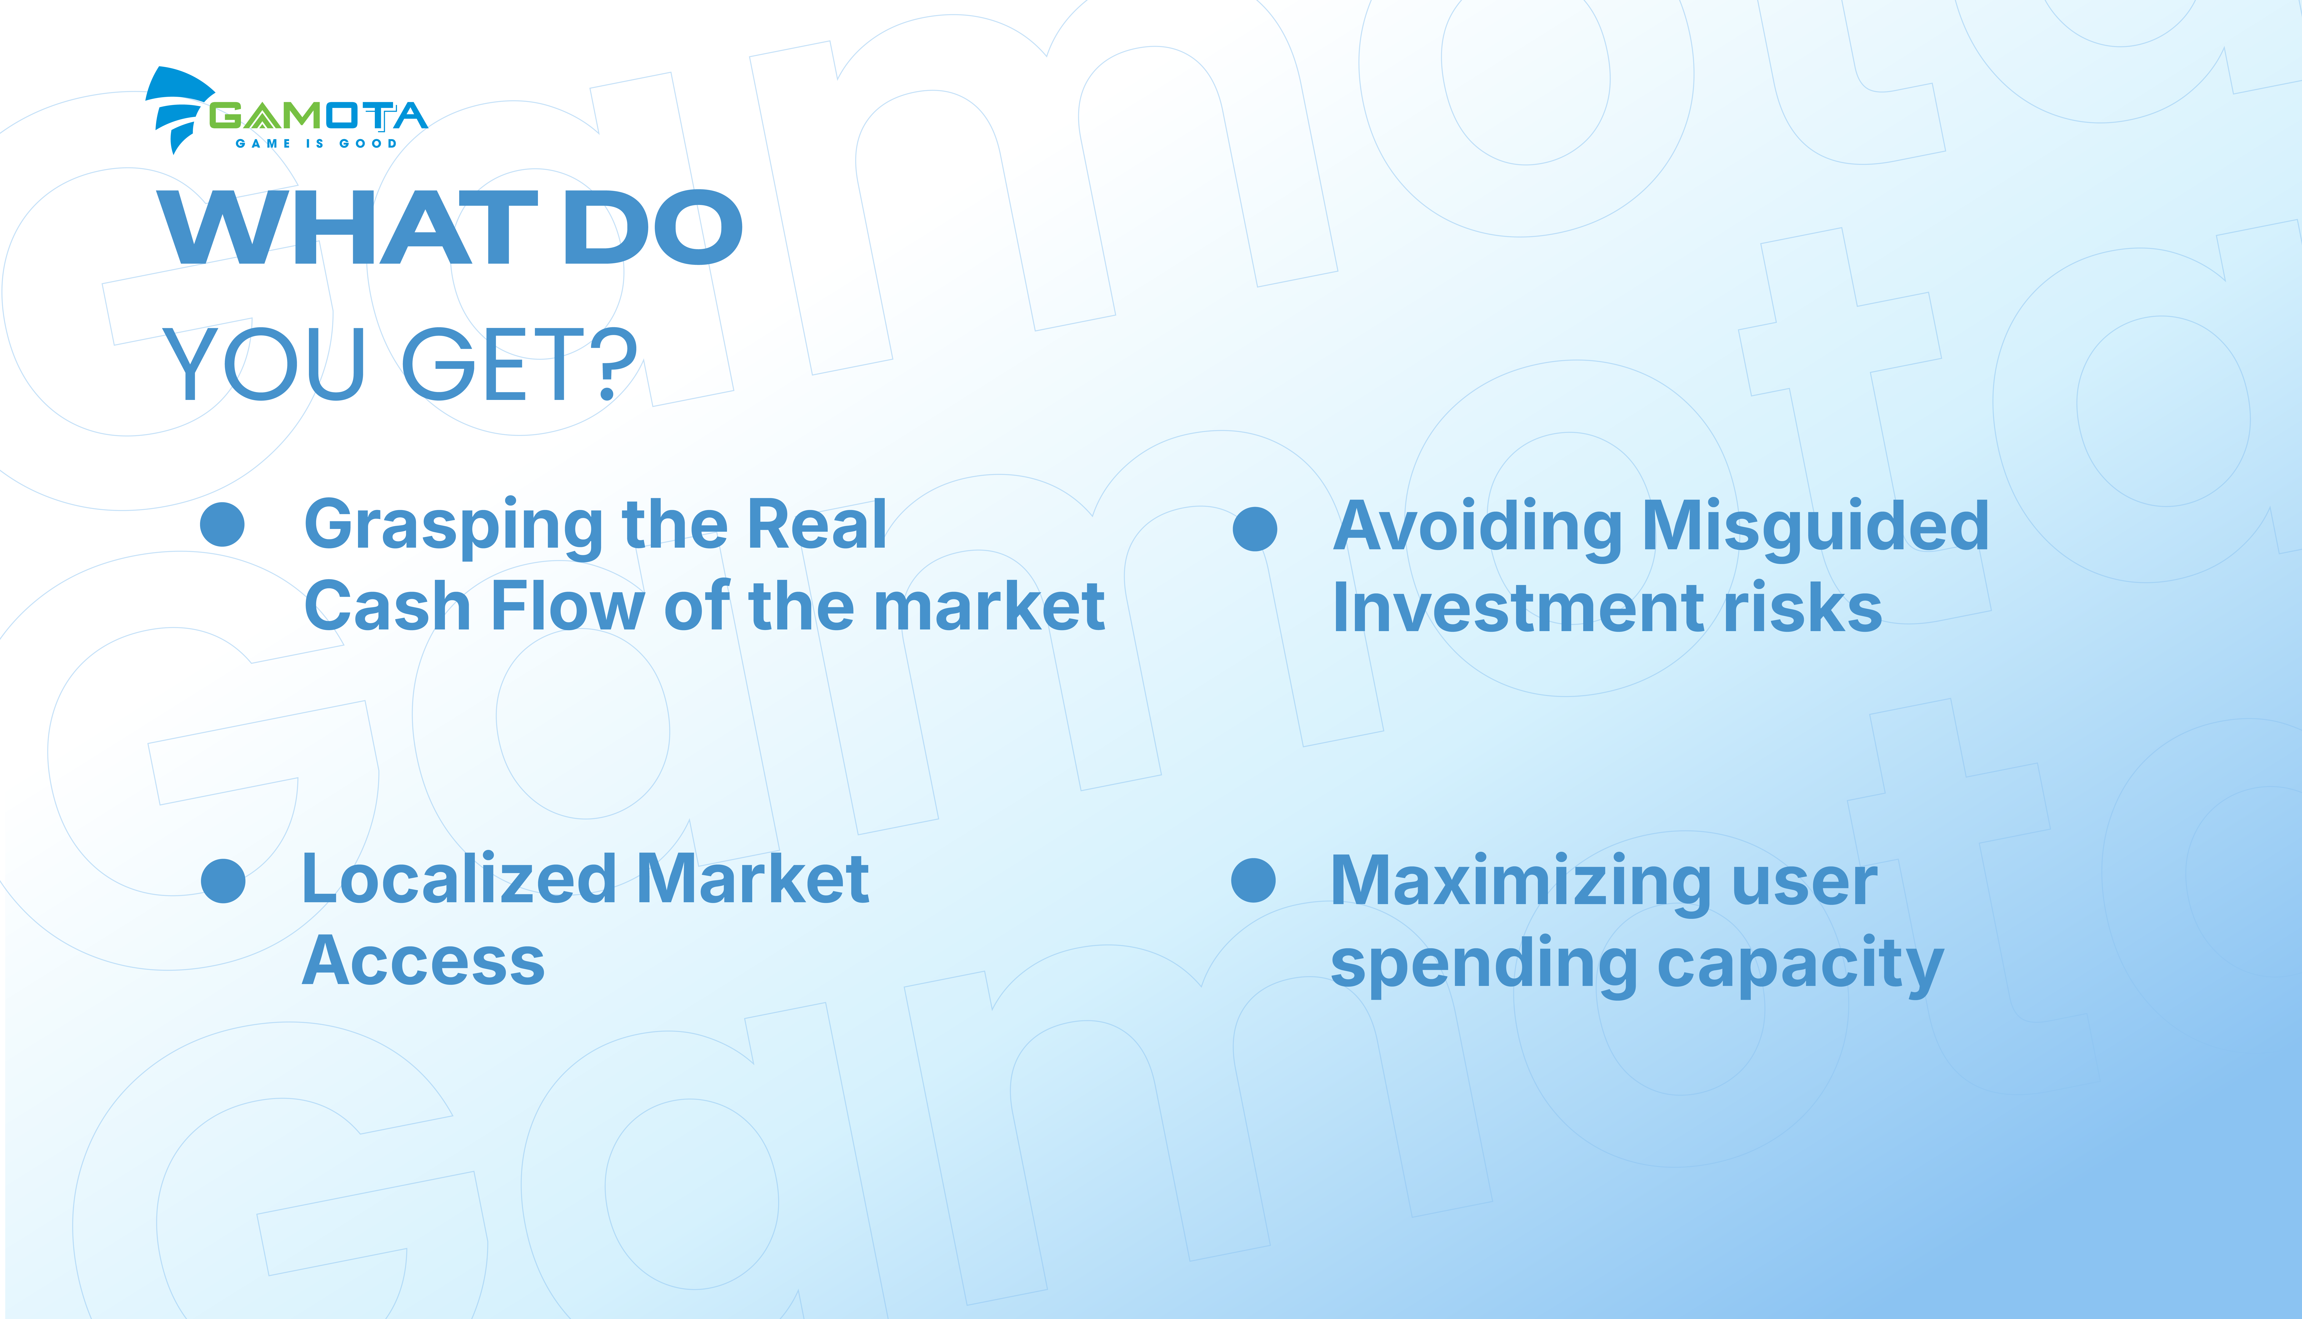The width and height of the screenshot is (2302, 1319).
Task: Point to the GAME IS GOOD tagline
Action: click(x=316, y=143)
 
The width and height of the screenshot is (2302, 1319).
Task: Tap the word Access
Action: click(x=423, y=960)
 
